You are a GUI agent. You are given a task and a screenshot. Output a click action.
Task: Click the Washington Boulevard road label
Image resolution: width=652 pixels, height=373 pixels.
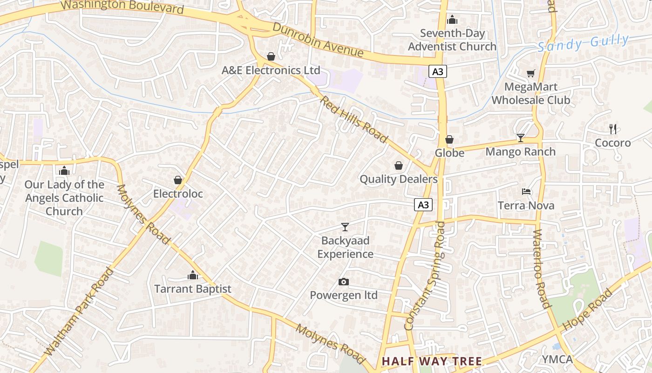tap(122, 7)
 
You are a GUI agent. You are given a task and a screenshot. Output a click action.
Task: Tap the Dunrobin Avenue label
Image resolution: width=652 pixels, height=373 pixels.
tap(318, 40)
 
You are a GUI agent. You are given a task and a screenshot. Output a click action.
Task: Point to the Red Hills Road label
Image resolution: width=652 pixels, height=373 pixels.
tap(353, 119)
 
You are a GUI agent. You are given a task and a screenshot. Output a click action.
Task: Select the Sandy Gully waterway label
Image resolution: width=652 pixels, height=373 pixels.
tap(583, 43)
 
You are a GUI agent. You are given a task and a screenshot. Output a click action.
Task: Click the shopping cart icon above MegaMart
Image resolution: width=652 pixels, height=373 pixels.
tap(530, 73)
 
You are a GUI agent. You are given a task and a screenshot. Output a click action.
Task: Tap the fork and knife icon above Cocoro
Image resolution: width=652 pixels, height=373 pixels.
tap(613, 129)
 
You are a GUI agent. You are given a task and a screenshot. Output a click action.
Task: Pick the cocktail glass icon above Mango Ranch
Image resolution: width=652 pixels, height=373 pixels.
tap(520, 138)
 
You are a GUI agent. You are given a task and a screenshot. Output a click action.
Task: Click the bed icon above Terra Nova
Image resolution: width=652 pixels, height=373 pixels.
tap(526, 192)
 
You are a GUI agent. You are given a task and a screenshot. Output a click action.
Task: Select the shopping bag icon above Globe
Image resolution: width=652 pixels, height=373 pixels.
tap(449, 139)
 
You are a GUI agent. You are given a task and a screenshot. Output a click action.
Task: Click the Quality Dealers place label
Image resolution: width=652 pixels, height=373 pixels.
tap(399, 179)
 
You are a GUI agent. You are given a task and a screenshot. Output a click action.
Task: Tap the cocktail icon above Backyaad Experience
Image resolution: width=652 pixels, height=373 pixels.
tap(345, 227)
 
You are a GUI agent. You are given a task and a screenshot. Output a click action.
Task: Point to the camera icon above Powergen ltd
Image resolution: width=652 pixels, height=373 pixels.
tap(344, 282)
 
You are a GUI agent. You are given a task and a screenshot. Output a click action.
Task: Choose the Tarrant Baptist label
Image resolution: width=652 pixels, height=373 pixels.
tap(193, 289)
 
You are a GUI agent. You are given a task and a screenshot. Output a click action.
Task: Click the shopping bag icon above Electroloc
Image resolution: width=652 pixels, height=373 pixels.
tap(177, 180)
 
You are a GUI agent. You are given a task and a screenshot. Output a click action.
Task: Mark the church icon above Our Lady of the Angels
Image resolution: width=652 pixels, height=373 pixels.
tap(64, 171)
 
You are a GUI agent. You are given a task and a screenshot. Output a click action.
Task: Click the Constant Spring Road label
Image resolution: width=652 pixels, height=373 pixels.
tap(425, 276)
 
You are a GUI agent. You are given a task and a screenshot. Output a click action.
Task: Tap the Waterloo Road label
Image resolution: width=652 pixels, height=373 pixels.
tap(541, 269)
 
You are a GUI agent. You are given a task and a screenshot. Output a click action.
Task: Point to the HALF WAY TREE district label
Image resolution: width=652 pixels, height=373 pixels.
tap(432, 361)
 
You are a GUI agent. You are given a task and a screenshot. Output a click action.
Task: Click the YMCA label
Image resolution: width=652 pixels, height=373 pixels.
tap(557, 359)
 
